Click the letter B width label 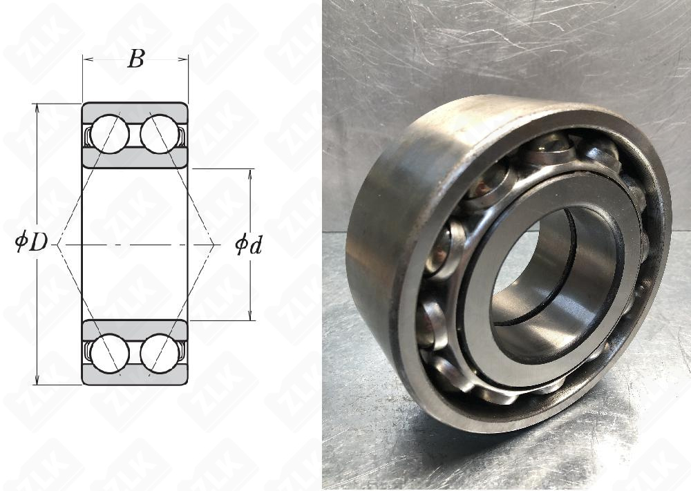135,59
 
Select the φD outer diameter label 31,242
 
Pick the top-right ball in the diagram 160,134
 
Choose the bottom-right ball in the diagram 160,353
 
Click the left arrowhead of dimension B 87,59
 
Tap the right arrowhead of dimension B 184,59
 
